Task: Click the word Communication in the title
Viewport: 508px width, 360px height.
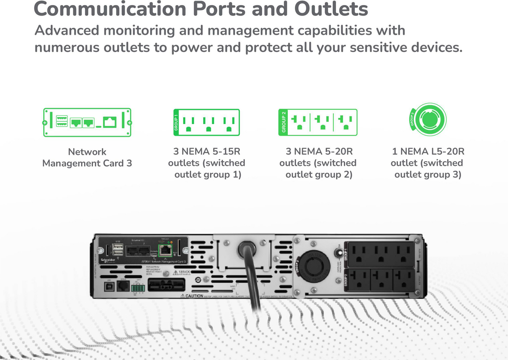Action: (110, 9)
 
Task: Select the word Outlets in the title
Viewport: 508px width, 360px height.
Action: (331, 9)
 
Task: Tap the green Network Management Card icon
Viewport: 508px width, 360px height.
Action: (87, 122)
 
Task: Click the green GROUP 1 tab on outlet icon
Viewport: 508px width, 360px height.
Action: (176, 122)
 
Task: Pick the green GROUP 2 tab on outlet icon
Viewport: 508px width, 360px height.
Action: (283, 122)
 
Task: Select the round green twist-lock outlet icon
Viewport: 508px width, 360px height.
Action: (429, 120)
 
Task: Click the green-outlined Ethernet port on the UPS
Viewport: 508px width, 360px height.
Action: (165, 251)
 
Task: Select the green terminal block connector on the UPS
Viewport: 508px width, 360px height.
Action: (138, 288)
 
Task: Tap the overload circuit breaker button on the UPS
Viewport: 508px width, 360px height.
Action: (338, 253)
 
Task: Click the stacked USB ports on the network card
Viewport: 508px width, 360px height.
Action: (118, 250)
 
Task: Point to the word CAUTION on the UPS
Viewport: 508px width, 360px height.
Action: (194, 296)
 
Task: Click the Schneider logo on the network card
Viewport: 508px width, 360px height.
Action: (108, 260)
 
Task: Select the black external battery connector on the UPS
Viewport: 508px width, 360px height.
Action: (166, 284)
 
